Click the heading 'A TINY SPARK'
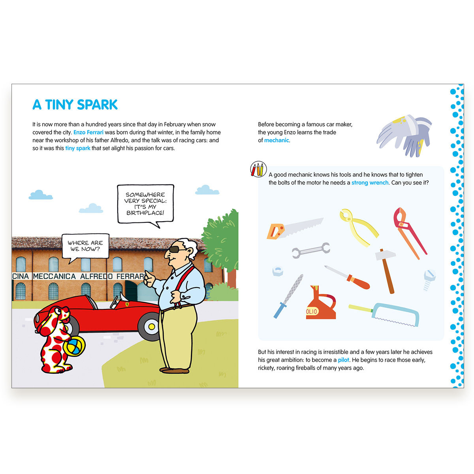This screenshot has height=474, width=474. pyautogui.click(x=75, y=105)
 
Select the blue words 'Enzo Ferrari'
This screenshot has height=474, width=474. pyautogui.click(x=88, y=132)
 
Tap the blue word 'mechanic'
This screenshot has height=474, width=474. pyautogui.click(x=276, y=140)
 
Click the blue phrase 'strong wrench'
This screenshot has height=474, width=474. pyautogui.click(x=370, y=183)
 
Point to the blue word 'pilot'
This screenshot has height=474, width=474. pyautogui.click(x=343, y=360)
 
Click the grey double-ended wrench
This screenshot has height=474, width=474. pyautogui.click(x=311, y=250)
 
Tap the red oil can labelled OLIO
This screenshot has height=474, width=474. pyautogui.click(x=320, y=303)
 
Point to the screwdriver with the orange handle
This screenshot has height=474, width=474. pyautogui.click(x=347, y=277)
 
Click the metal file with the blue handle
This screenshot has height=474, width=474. pyautogui.click(x=288, y=296)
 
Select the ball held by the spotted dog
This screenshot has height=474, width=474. pyautogui.click(x=74, y=346)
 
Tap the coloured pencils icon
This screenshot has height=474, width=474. pyautogui.click(x=258, y=169)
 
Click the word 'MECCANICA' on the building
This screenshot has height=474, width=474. pyautogui.click(x=55, y=276)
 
